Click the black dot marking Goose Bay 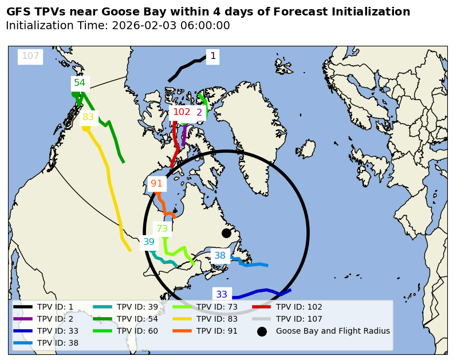[x=226, y=233]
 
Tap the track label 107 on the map [x=30, y=56]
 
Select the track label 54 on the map [x=80, y=83]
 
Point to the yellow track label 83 [x=88, y=117]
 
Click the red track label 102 [x=182, y=112]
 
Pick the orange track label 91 [x=156, y=184]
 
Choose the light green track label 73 [x=162, y=229]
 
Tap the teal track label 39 [x=149, y=242]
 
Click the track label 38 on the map [x=220, y=256]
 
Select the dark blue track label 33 [x=222, y=295]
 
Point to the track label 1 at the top [x=213, y=56]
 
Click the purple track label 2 [x=199, y=113]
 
